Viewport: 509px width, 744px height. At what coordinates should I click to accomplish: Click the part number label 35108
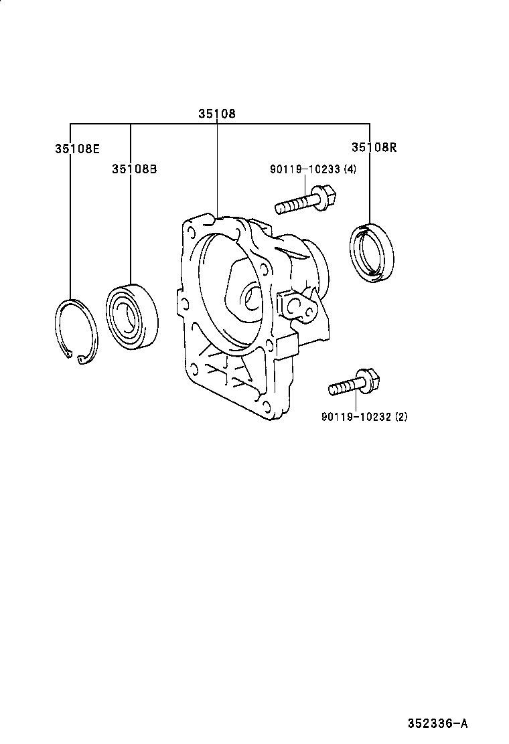tap(216, 114)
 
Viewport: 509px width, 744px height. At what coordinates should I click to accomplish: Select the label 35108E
tap(77, 149)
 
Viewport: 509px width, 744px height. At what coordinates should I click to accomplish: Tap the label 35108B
tap(135, 169)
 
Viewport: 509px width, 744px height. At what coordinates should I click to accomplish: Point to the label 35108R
tap(374, 147)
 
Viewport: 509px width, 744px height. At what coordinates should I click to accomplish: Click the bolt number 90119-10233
tap(305, 169)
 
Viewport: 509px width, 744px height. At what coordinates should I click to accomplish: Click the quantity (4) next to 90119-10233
tap(350, 169)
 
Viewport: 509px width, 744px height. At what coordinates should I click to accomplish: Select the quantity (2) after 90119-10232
tap(401, 417)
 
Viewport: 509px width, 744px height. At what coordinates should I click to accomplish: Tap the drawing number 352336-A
tap(437, 724)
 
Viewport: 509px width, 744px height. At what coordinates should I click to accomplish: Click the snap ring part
tap(76, 332)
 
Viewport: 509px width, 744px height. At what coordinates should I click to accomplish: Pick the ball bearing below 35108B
tap(132, 316)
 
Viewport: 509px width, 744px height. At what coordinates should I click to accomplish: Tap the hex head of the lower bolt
tap(372, 379)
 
